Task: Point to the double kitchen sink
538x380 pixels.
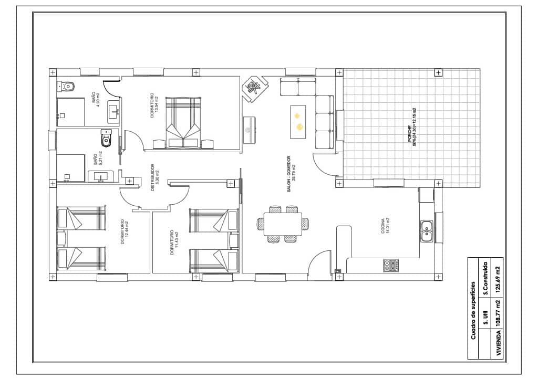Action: pyautogui.click(x=427, y=231)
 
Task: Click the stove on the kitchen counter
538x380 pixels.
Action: pyautogui.click(x=391, y=266)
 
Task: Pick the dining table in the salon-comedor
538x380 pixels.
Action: pyautogui.click(x=283, y=224)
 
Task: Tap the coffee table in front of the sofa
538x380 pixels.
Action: pyautogui.click(x=298, y=122)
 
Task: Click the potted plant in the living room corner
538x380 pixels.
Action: pyautogui.click(x=255, y=87)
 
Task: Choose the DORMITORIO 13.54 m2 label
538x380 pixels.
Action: pyautogui.click(x=153, y=105)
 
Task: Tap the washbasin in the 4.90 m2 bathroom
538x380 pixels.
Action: pyautogui.click(x=113, y=110)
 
